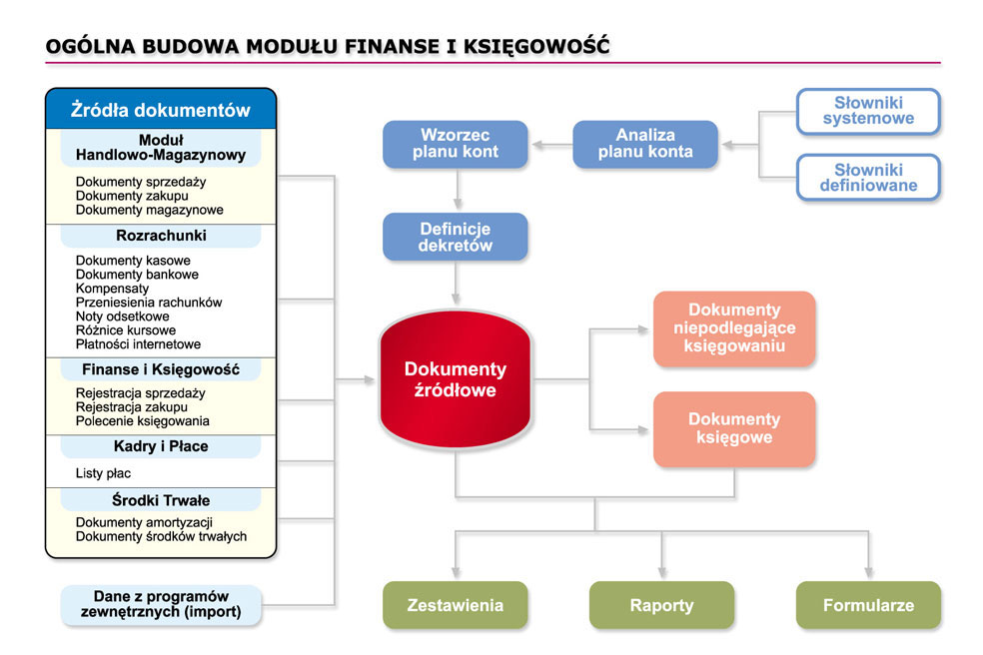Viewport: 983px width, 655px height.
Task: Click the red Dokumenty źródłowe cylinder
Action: (456, 379)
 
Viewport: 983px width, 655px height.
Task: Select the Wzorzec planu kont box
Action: (456, 144)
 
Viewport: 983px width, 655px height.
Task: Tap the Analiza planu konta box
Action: (645, 144)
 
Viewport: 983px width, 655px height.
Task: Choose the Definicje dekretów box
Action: (456, 237)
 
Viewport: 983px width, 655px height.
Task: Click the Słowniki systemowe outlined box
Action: (868, 112)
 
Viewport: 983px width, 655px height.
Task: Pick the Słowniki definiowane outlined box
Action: (868, 178)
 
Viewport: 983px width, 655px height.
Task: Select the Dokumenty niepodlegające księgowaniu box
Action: (734, 328)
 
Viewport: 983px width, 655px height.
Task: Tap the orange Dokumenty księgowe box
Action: (734, 429)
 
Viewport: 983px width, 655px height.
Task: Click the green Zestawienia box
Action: (456, 605)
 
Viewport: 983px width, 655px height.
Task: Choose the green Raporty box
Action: (661, 605)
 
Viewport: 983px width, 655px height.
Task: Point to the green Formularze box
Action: (868, 605)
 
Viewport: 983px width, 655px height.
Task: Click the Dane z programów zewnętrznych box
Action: (161, 604)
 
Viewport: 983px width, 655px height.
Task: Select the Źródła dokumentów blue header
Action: (161, 109)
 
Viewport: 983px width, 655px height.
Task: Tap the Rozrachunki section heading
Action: (161, 236)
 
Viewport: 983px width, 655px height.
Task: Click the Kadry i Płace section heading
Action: (161, 446)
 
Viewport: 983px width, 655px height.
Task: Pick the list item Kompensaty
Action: (112, 289)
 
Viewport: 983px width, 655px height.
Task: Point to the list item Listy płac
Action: (104, 473)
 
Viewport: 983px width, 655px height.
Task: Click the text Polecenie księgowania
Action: (142, 421)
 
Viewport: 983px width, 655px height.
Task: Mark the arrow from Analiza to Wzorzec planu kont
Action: (552, 146)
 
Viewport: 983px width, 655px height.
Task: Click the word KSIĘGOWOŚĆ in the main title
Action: (536, 46)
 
